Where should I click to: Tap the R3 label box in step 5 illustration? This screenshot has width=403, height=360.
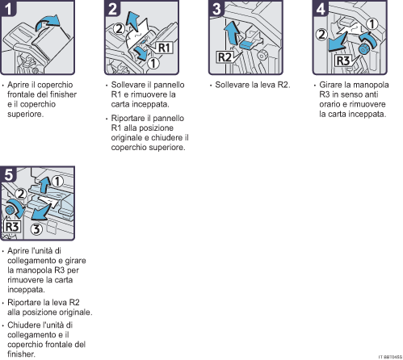coord(12,227)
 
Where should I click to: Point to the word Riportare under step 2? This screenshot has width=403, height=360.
coord(126,119)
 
